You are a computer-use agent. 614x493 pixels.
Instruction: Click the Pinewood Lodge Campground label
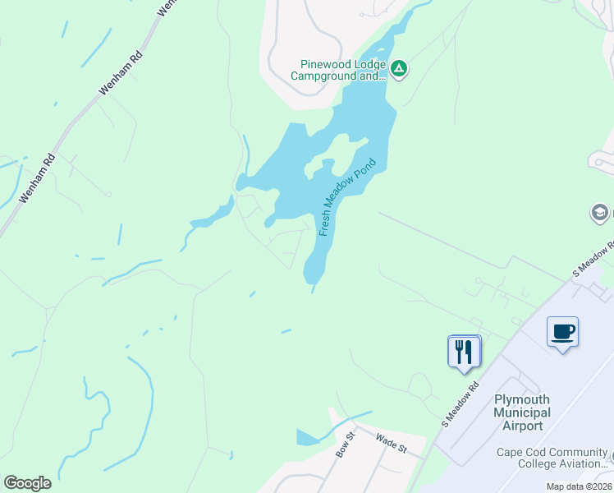pos(338,71)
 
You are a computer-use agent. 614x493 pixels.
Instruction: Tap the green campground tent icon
pos(398,68)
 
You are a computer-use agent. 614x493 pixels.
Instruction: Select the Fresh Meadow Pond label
pos(346,197)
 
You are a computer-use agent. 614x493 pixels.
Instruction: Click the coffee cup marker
pos(562,333)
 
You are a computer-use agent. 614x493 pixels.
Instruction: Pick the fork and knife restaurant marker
pos(464,351)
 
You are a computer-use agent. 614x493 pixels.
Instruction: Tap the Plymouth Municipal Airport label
pos(522,412)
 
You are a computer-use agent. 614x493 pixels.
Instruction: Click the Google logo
pos(27,483)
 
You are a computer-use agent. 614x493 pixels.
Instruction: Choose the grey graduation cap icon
pos(599,214)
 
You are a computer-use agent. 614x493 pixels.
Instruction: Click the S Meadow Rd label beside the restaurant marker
pos(460,404)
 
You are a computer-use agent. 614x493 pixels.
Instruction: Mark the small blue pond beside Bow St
pos(307,437)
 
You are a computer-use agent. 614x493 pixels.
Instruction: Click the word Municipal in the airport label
pos(522,412)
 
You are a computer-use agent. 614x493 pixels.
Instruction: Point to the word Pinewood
pos(326,65)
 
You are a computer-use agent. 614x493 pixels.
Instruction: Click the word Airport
pos(522,426)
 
